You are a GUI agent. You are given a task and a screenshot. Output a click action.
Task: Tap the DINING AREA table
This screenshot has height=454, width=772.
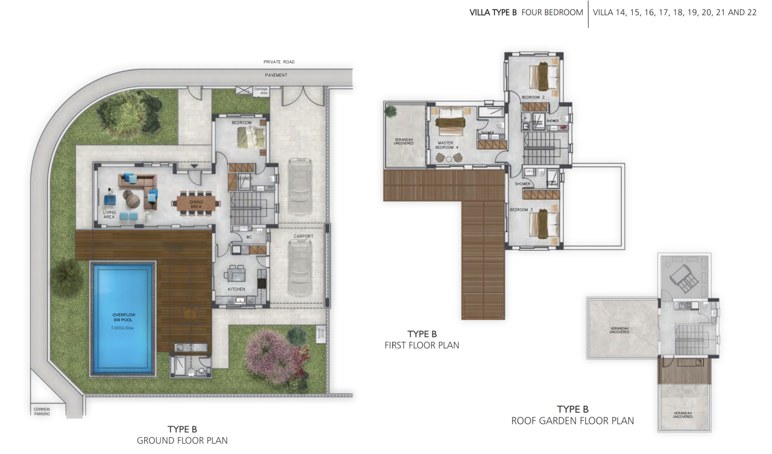tap(197, 203)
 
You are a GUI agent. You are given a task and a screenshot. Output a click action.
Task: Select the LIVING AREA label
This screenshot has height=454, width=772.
tap(109, 213)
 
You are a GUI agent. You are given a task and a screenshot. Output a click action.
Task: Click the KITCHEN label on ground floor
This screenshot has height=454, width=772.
tap(236, 289)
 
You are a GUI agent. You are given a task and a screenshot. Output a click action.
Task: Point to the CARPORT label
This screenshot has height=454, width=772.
tap(303, 236)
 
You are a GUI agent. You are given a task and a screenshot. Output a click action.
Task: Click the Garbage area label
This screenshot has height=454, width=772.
tap(261, 91)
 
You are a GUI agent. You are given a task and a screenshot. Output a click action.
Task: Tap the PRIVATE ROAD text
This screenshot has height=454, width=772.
tap(279, 61)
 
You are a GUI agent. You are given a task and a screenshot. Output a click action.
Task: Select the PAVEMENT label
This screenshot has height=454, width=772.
tap(276, 75)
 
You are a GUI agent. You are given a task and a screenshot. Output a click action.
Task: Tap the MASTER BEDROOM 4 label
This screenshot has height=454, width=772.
tap(448, 145)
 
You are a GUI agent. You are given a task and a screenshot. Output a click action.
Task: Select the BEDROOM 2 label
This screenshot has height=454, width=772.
tap(533, 97)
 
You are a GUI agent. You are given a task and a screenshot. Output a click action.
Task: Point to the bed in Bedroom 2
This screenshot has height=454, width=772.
tap(546, 76)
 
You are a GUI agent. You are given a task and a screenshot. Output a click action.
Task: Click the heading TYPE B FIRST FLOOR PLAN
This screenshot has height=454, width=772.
tap(422, 339)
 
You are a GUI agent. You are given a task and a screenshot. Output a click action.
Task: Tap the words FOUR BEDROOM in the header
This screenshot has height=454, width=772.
tap(552, 12)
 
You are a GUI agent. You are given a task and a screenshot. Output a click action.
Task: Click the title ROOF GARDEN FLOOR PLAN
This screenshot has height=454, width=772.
tap(572, 421)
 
